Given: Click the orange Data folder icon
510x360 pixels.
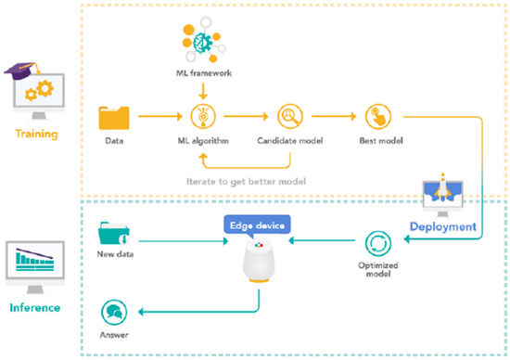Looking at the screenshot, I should click(x=114, y=118).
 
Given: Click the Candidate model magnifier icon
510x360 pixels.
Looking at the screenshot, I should click(x=286, y=118).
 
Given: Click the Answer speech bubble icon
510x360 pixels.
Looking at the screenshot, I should click(x=115, y=310).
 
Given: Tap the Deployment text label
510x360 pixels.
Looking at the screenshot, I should click(x=444, y=225).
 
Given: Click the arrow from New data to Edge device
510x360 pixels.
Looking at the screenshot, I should click(x=185, y=240).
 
